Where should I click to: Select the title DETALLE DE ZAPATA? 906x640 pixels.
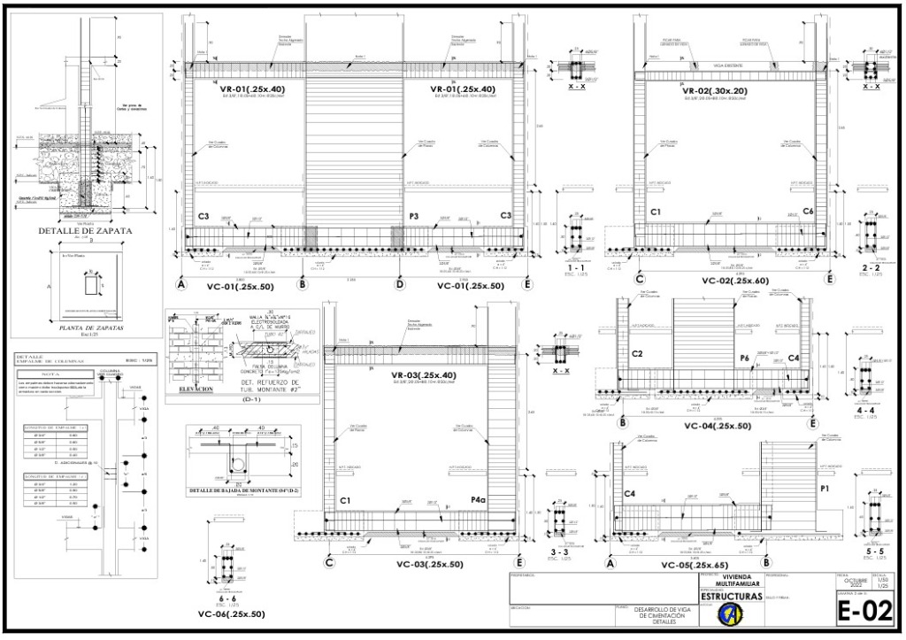click(86, 231)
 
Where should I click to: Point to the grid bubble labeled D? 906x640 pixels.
click(400, 285)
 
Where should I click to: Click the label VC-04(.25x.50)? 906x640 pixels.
click(718, 425)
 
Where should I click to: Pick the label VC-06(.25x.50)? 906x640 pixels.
click(232, 613)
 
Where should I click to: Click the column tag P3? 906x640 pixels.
click(413, 215)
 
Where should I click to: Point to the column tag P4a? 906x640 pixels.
click(480, 500)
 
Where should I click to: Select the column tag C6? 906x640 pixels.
click(808, 212)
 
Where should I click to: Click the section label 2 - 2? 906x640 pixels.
click(870, 266)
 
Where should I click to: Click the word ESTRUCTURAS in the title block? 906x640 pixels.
click(730, 598)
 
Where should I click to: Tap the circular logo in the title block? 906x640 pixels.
click(730, 615)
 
